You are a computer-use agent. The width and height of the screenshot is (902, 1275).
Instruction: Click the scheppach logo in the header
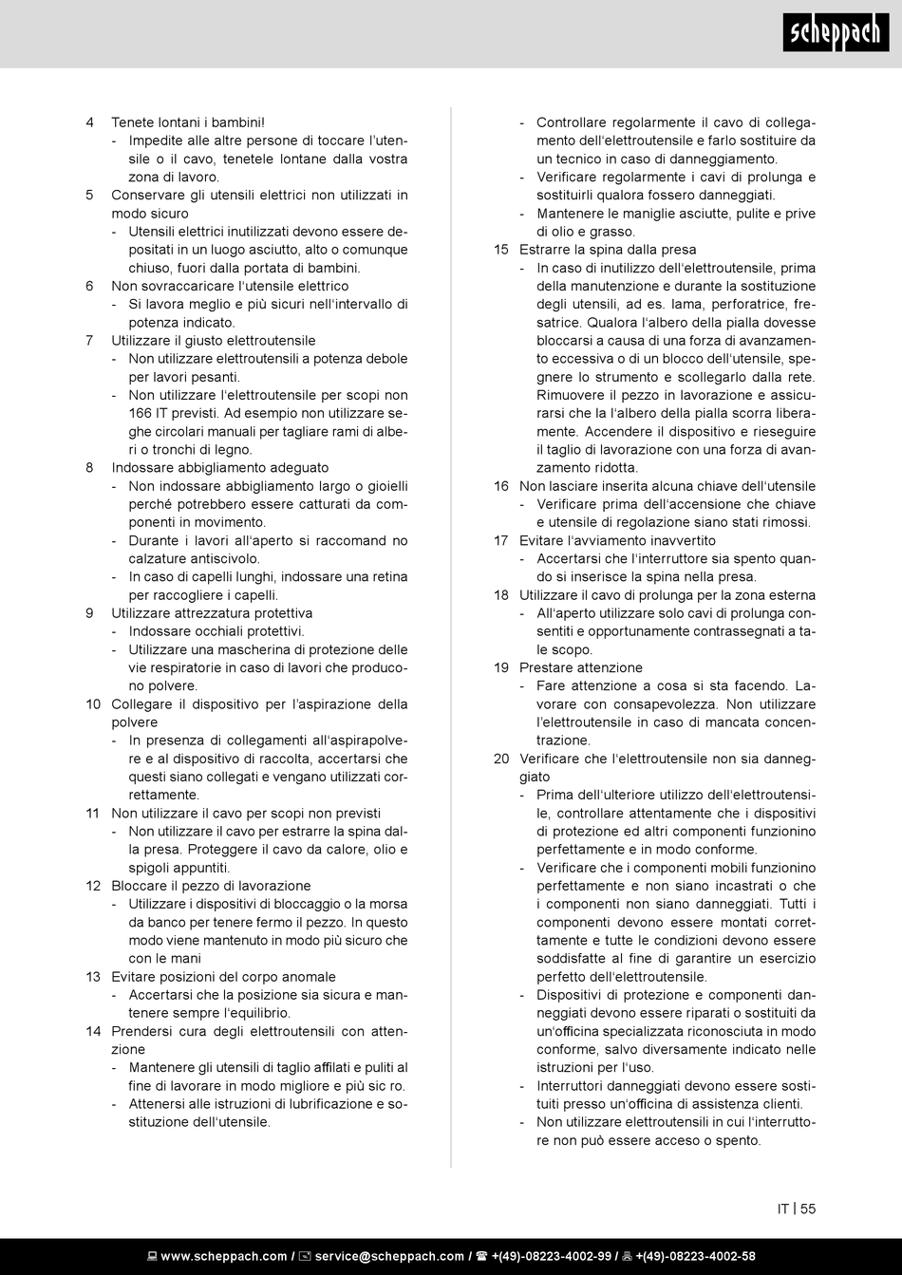pyautogui.click(x=836, y=35)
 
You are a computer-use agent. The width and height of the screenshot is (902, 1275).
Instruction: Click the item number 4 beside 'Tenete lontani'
pyautogui.click(x=89, y=122)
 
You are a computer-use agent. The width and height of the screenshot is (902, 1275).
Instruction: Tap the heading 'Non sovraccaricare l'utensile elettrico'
pyautogui.click(x=230, y=286)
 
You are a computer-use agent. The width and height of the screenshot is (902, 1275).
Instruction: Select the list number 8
pyautogui.click(x=89, y=468)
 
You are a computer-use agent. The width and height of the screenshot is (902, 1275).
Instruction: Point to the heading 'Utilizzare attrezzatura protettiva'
pyautogui.click(x=212, y=613)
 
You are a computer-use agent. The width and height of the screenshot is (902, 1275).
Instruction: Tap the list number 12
pyautogui.click(x=93, y=886)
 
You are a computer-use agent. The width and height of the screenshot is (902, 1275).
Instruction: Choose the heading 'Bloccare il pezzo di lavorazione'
pyautogui.click(x=211, y=886)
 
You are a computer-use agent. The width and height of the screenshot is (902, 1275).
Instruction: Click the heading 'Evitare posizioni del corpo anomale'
pyautogui.click(x=223, y=977)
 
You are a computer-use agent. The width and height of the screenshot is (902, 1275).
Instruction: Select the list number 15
pyautogui.click(x=501, y=250)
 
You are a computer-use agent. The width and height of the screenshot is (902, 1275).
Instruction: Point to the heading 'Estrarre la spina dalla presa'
pyautogui.click(x=608, y=250)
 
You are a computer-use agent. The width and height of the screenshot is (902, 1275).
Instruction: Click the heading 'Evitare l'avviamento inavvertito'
pyautogui.click(x=604, y=540)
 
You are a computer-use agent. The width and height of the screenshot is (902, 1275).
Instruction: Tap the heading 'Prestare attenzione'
pyautogui.click(x=581, y=667)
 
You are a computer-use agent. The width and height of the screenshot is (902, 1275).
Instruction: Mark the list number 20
pyautogui.click(x=501, y=759)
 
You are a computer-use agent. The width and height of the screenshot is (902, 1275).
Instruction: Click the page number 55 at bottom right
pyautogui.click(x=808, y=1209)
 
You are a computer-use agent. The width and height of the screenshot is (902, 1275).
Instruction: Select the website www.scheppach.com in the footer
pyautogui.click(x=223, y=1256)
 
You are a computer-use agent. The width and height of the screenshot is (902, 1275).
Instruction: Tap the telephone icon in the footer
pyautogui.click(x=481, y=1256)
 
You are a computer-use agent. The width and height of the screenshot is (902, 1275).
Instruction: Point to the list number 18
pyautogui.click(x=501, y=595)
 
